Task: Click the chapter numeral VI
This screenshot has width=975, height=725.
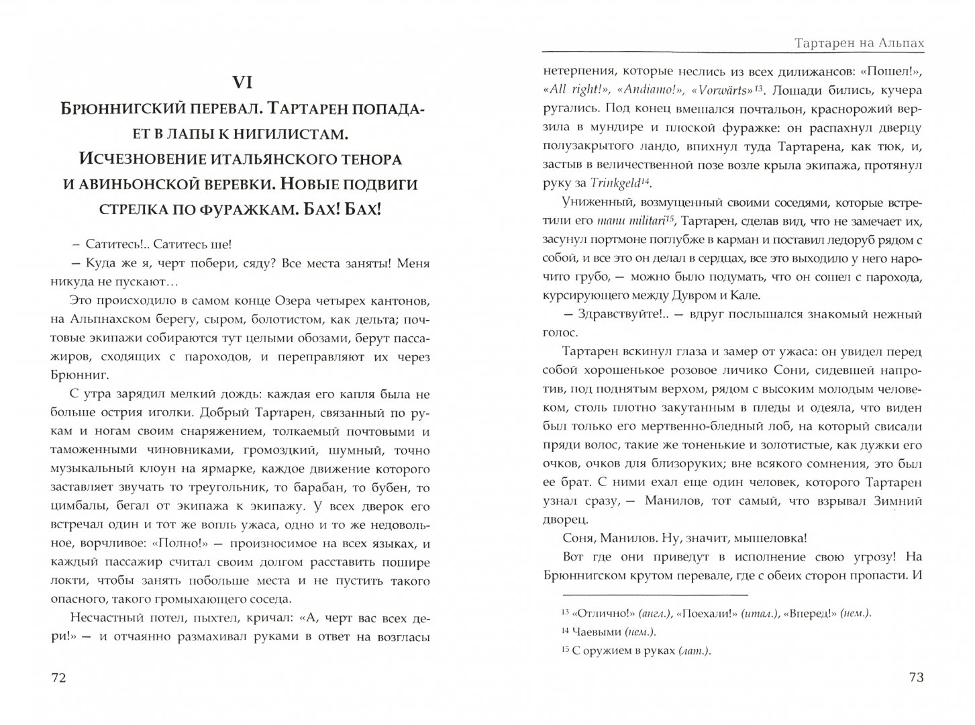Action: [x=241, y=83]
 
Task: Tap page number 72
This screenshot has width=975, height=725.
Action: [x=59, y=678]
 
